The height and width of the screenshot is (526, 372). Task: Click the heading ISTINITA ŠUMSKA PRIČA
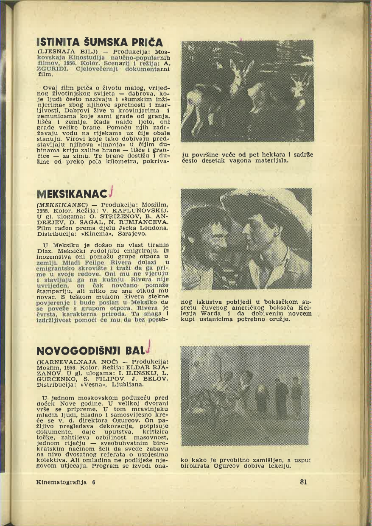click(100, 43)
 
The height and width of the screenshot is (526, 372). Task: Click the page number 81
click(303, 482)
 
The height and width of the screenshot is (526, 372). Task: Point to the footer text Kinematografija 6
click(66, 482)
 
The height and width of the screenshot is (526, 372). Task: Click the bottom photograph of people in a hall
click(245, 395)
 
